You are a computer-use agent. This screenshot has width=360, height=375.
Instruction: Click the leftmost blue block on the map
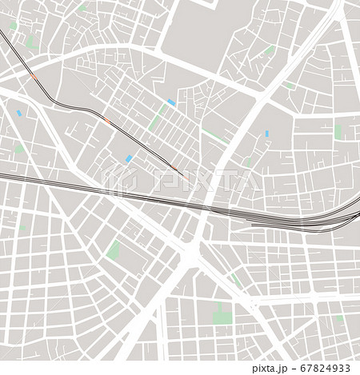20,114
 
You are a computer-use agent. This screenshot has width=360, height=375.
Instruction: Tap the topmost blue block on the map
171,102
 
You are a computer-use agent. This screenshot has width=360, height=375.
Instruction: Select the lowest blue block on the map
128,159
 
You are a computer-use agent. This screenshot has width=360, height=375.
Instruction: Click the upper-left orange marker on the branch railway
33,78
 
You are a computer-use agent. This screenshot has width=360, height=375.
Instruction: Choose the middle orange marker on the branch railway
107,122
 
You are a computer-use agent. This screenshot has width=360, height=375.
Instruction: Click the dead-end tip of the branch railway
183,176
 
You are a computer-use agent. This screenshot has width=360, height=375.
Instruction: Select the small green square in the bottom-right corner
339,319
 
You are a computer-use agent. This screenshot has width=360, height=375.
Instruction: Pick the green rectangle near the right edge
338,132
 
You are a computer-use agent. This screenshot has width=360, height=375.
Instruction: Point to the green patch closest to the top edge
82,8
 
